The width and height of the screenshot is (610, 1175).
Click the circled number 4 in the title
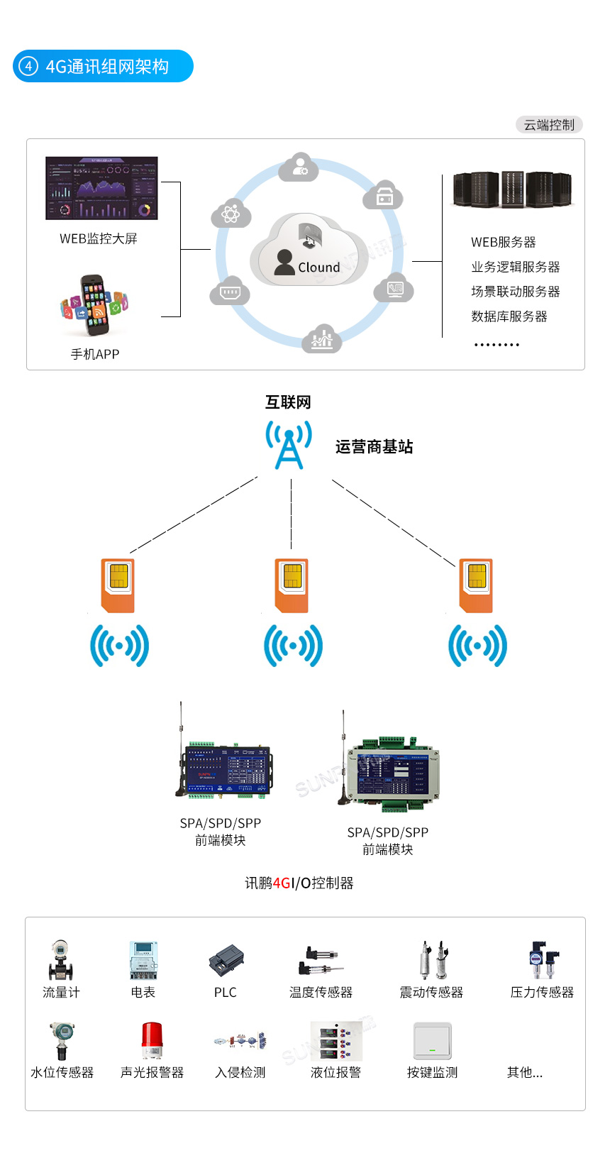coord(28,67)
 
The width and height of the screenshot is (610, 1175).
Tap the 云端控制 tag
coord(549,125)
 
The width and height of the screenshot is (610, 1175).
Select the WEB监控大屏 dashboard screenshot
coord(101,188)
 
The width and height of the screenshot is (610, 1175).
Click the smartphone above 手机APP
coord(94,306)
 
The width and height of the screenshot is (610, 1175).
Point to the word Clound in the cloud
coord(318,267)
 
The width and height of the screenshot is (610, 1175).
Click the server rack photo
coord(511,189)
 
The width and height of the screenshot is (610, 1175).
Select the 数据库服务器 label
coord(509,316)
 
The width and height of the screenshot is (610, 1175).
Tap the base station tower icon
coord(289,445)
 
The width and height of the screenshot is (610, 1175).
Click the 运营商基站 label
coord(374,447)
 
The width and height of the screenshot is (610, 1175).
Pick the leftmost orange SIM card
coord(118,585)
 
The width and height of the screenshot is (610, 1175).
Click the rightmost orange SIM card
coord(476,585)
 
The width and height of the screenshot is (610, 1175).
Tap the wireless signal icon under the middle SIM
coord(293,646)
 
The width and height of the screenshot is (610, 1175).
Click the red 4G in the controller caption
coord(282,883)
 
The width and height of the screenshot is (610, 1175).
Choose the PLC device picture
coord(226,961)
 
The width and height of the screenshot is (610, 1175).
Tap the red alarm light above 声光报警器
coord(151,1040)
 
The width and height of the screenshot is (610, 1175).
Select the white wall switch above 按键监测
coord(432,1041)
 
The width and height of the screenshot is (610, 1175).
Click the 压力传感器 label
coord(542,993)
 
